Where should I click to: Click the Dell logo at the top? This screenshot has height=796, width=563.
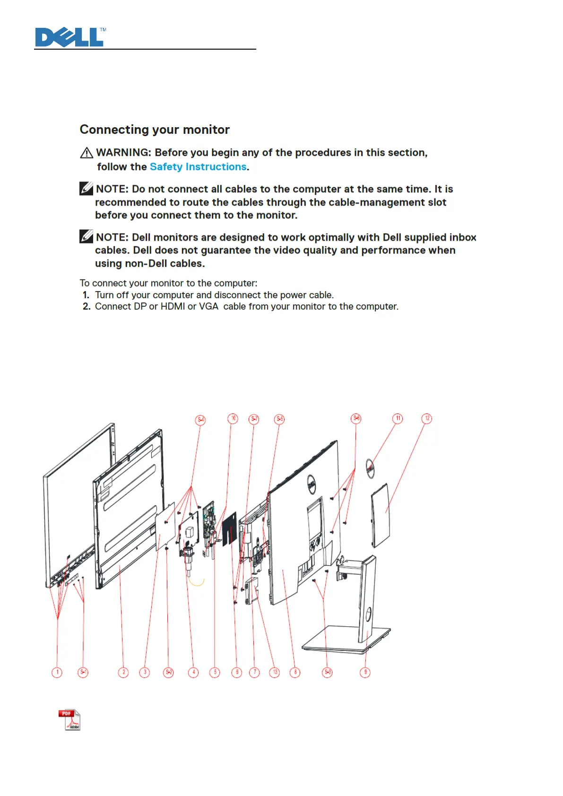[x=69, y=37]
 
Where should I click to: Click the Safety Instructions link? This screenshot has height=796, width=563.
[x=198, y=167]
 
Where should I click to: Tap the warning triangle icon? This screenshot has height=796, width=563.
[x=87, y=153]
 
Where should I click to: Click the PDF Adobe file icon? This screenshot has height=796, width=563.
[x=69, y=720]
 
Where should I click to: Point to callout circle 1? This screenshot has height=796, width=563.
[x=57, y=672]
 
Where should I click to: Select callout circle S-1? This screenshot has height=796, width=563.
[x=83, y=672]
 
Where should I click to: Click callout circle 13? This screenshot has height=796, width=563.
[x=275, y=672]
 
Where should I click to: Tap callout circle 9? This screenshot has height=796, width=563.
[x=365, y=672]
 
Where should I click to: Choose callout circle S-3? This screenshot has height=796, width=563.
[x=327, y=672]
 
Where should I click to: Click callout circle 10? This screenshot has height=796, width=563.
[x=233, y=419]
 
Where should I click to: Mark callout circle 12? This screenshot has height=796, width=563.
[x=427, y=419]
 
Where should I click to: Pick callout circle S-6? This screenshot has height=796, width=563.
[x=356, y=419]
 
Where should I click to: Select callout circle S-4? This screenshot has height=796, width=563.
[x=200, y=420]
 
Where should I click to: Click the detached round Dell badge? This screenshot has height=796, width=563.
[x=371, y=468]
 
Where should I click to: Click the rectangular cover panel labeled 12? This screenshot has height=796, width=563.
[x=381, y=515]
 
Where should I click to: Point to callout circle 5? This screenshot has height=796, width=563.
[x=215, y=672]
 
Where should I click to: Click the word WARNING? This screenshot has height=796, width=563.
[x=122, y=153]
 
